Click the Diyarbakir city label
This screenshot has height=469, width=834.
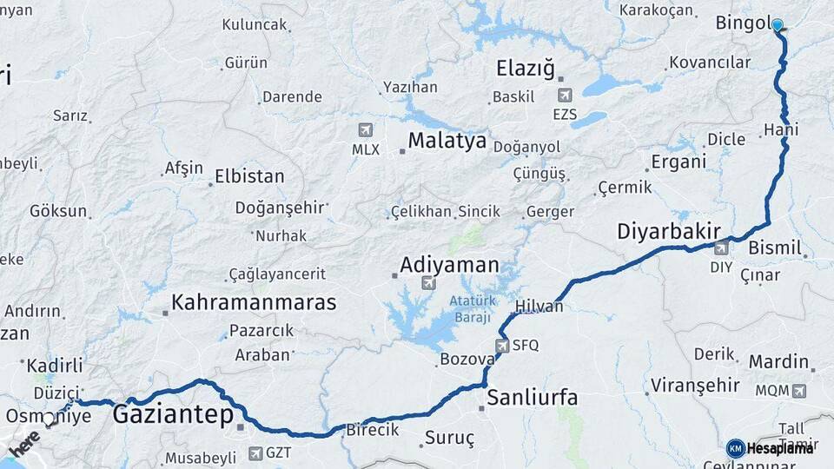click(668, 232)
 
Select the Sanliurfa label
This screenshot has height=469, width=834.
click(532, 399)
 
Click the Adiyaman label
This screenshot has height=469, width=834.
click(449, 265)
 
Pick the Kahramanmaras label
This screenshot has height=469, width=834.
click(254, 303)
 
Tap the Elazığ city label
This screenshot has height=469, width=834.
click(524, 69)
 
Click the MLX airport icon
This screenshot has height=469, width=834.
click(365, 130)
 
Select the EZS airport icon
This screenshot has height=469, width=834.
click(565, 95)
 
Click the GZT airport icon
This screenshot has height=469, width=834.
click(255, 452)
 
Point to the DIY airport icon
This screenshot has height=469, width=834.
click(721, 248)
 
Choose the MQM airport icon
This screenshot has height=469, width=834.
click(798, 391)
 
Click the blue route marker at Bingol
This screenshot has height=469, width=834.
click(777, 26)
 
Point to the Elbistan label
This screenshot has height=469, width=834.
click(248, 176)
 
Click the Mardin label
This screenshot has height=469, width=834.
click(778, 361)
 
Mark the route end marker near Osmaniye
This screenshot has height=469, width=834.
click(50, 419)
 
